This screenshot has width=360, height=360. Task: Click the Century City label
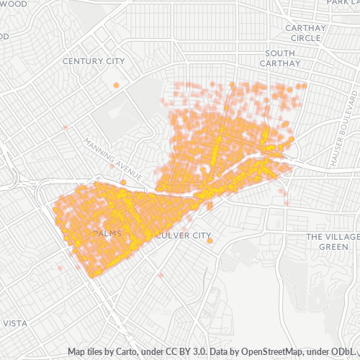(94, 61)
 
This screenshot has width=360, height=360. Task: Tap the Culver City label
(184, 235)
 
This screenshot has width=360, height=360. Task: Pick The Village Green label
(333, 242)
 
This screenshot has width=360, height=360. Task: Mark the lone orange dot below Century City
(116, 85)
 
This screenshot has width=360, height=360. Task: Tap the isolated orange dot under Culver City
(210, 241)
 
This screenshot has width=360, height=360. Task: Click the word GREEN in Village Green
(333, 247)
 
